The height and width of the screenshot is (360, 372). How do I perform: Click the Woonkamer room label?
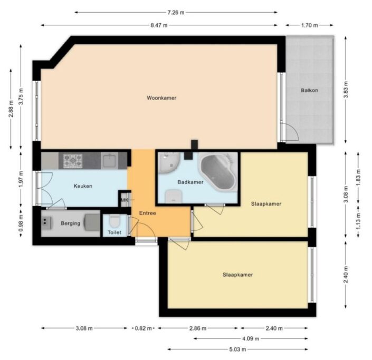[x=161, y=98]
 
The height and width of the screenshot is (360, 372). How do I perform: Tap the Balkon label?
[x=309, y=90]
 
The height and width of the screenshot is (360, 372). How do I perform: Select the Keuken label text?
[x=83, y=186]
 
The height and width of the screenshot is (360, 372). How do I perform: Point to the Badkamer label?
[x=190, y=182]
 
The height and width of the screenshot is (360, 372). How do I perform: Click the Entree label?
[x=147, y=213]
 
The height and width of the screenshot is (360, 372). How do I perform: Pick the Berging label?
[x=71, y=223]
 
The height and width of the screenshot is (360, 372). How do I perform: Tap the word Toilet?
[x=115, y=232]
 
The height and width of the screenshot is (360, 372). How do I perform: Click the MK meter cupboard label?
[x=125, y=200]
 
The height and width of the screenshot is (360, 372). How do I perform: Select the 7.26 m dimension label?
[x=176, y=13]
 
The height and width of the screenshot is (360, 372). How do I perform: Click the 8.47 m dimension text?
[x=159, y=25]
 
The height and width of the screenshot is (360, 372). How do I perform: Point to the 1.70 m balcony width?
[x=309, y=25]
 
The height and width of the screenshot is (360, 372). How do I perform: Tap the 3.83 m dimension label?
[x=346, y=90]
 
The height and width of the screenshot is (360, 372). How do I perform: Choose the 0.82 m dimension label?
[x=144, y=328]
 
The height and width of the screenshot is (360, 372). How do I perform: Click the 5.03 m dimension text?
[x=237, y=349]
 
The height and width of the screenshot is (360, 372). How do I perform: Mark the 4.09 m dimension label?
[x=251, y=339]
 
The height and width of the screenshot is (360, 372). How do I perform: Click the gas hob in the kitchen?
[x=73, y=161]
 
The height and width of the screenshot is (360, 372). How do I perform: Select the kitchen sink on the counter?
[x=109, y=160]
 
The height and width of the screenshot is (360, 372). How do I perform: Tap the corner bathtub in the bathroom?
[x=218, y=171]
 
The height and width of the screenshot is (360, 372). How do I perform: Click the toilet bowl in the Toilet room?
[x=115, y=221]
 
